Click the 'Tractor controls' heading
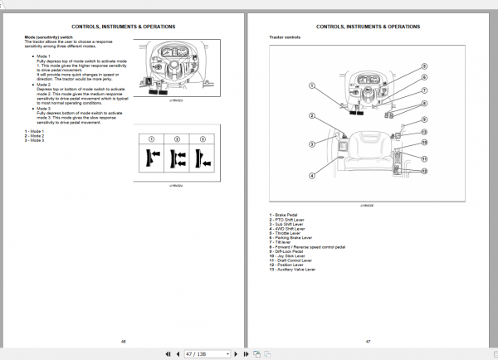tap(284, 38)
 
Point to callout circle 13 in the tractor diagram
tap(423, 132)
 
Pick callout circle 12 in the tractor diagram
tap(423, 170)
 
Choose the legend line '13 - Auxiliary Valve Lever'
tap(292, 270)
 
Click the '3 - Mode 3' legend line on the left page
tap(35, 140)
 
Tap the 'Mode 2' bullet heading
tap(43, 85)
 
